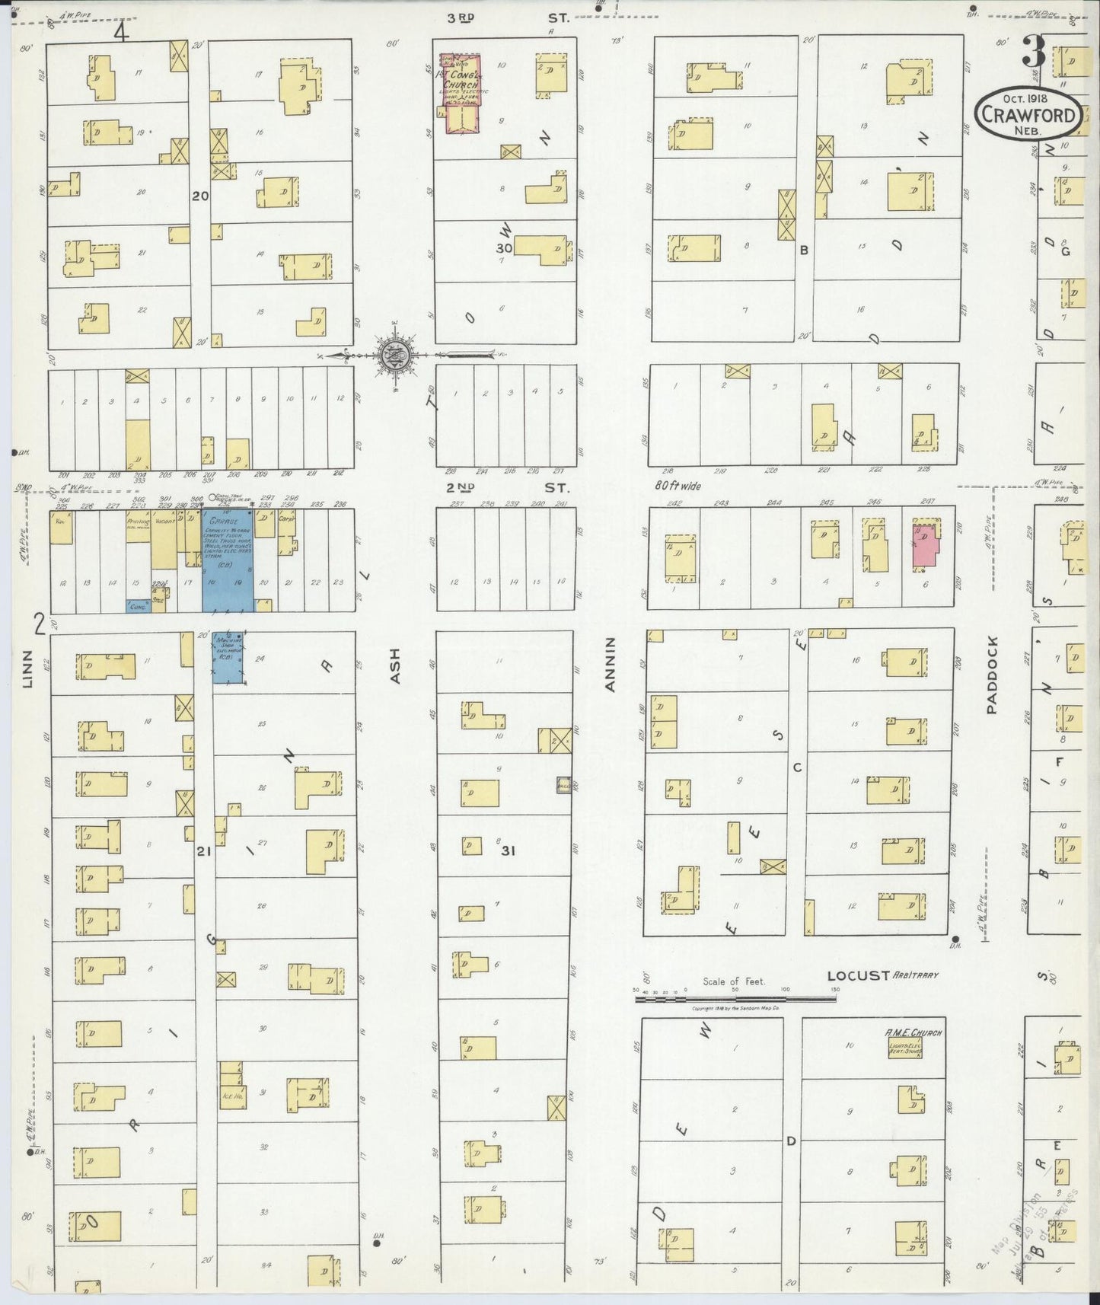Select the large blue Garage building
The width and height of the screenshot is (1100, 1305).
227,561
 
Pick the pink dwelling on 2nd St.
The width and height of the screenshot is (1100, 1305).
926,546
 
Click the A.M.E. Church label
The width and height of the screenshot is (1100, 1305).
913,1033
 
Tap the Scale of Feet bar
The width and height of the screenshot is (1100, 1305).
735,991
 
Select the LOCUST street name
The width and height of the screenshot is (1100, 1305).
858,975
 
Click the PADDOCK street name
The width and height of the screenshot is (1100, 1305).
991,686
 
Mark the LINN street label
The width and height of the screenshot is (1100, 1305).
28,669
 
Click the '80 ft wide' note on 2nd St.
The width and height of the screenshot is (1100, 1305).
677,485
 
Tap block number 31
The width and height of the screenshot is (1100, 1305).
508,850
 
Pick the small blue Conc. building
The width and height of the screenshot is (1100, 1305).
138,607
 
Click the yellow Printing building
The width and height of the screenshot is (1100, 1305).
138,525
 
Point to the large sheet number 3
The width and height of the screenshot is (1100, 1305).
1033,51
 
